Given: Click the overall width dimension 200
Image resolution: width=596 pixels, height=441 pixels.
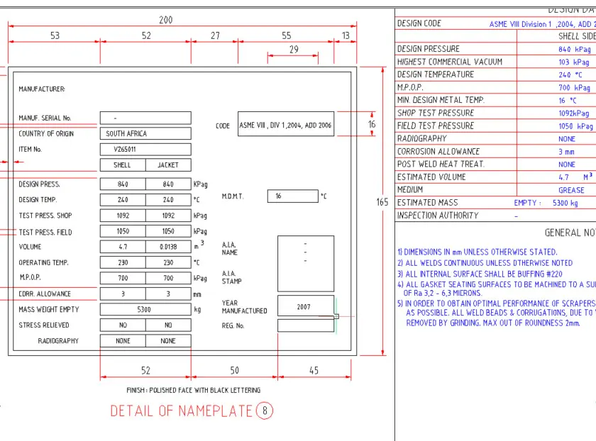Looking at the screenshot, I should [x=165, y=21].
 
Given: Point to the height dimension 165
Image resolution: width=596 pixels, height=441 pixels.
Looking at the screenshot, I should [x=382, y=202].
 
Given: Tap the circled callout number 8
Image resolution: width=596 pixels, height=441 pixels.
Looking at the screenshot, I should [x=265, y=411].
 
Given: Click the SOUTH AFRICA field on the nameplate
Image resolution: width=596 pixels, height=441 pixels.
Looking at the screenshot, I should [x=145, y=133].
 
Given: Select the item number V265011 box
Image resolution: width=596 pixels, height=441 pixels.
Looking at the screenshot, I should [x=145, y=150].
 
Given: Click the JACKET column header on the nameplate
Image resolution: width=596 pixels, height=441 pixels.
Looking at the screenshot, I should [x=168, y=165].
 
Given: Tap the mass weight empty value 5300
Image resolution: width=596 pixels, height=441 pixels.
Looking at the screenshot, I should [x=145, y=309].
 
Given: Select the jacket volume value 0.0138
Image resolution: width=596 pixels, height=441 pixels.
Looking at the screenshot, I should [x=168, y=247].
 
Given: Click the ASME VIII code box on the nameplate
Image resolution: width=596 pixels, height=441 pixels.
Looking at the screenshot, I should [x=285, y=125].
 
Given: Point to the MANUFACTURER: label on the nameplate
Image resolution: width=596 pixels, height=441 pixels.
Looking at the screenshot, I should [x=42, y=89].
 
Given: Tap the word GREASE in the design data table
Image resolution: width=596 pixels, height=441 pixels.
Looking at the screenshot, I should [x=571, y=190].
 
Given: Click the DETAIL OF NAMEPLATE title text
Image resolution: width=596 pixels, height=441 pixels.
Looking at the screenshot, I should [x=181, y=411].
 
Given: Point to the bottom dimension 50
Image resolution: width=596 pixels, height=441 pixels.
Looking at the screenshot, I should [x=234, y=371].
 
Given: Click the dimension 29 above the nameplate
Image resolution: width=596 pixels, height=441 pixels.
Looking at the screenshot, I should [x=294, y=50].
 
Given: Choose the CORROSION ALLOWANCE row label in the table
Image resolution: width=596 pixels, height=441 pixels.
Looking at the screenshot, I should [x=438, y=152].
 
